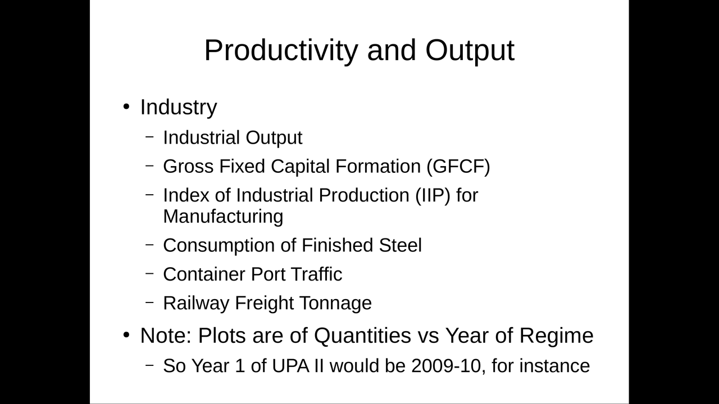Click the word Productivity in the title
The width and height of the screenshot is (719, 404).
point(281,50)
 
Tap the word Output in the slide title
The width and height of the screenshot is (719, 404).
point(470,50)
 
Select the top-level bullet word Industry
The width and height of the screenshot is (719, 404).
point(179,107)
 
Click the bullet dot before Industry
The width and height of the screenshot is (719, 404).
point(126,107)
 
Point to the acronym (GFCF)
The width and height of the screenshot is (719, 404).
point(458,167)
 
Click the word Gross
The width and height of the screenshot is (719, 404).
point(188,167)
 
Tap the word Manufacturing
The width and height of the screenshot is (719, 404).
point(223,217)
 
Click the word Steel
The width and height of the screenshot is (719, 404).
point(401,245)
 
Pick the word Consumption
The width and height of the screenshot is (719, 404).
point(219,246)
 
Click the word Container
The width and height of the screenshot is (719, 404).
point(204,274)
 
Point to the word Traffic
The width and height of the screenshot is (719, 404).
point(316,274)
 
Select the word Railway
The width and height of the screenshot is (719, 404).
point(196,304)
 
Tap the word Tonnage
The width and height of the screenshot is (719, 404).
point(335,304)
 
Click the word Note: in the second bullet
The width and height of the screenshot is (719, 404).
point(166,336)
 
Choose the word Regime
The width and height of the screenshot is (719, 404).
point(556,336)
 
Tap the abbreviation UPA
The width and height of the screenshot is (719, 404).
point(290,366)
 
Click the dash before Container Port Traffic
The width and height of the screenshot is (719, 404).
point(149,273)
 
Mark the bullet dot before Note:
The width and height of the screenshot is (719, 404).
point(126,335)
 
